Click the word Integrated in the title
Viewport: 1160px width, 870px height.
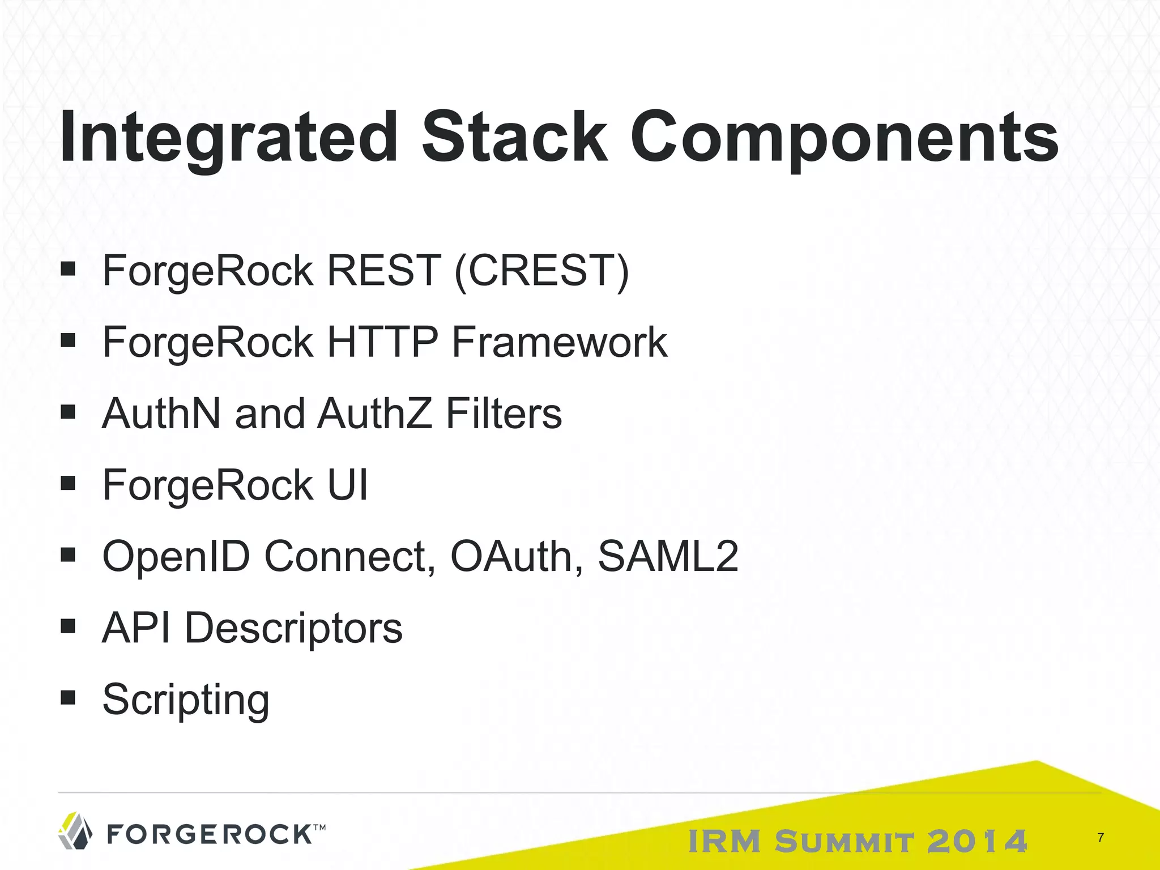(x=229, y=138)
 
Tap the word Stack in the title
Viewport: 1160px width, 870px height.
(x=514, y=138)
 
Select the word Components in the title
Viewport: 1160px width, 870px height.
(x=844, y=138)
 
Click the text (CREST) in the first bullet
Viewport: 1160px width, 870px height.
(x=541, y=271)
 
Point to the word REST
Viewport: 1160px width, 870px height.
(x=383, y=271)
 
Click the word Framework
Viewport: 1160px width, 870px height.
(x=560, y=342)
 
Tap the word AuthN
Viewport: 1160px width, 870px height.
(x=161, y=413)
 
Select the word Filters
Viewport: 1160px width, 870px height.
(x=504, y=413)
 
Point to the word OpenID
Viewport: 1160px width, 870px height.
(x=176, y=556)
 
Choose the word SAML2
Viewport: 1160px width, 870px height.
(x=668, y=556)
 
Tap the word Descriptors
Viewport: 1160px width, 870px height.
(x=293, y=628)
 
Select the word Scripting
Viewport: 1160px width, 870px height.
(x=186, y=700)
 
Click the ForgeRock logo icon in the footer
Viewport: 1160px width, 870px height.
(x=75, y=831)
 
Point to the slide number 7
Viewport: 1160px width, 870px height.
(x=1101, y=838)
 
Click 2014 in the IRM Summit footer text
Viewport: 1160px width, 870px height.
(x=978, y=841)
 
